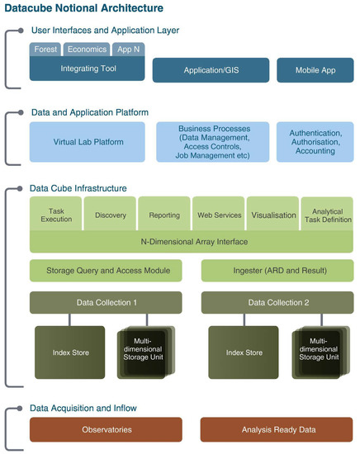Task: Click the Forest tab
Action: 45,50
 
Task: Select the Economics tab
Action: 86,50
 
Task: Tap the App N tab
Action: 128,50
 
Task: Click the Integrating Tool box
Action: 87,68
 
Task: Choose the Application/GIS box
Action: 211,70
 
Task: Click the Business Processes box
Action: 211,141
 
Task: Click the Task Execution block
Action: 55,215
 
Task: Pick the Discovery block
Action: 110,215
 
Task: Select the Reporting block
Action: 164,215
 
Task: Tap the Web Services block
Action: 219,215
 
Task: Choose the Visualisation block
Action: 272,215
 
